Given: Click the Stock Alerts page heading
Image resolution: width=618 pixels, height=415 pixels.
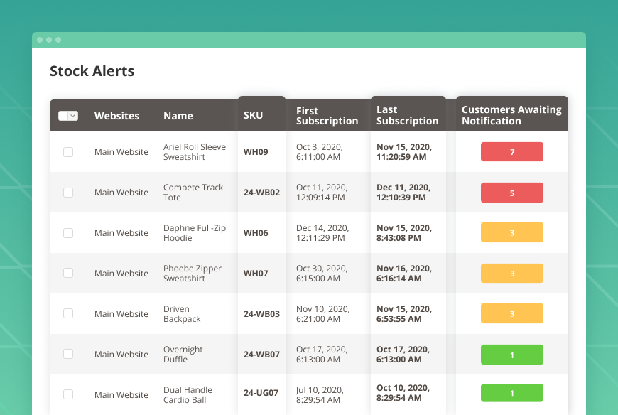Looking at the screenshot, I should click(92, 71).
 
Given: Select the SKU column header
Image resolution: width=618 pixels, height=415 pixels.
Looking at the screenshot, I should click(253, 115).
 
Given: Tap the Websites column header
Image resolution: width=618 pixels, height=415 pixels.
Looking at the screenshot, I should click(116, 116).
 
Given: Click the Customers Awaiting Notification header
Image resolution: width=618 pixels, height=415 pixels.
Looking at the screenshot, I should click(511, 115).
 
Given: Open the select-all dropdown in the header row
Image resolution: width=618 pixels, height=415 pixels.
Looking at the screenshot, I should click(68, 116).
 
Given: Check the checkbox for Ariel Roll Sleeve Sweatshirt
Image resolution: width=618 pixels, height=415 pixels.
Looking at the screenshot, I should click(68, 152).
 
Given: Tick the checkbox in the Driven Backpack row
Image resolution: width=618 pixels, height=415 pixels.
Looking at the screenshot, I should click(68, 313).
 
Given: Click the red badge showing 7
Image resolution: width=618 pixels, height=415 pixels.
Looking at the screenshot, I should click(511, 152).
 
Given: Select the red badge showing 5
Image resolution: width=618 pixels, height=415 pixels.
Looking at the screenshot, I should click(511, 193).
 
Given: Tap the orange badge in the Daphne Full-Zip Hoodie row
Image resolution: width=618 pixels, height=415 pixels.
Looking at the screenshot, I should click(511, 232).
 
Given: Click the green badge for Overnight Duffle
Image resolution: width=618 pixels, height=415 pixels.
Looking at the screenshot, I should click(511, 354).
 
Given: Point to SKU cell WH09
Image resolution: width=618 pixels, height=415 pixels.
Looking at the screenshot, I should click(256, 152).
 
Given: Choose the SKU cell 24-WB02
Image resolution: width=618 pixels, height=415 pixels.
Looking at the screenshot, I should click(261, 193).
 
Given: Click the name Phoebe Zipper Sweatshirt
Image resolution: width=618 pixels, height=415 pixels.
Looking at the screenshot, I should click(193, 274).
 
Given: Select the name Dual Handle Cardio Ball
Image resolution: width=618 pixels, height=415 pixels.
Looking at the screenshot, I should click(188, 394).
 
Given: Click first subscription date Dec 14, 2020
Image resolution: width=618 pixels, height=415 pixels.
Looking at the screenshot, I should click(322, 233).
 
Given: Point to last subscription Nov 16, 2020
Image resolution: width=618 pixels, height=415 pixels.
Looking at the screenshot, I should click(403, 274).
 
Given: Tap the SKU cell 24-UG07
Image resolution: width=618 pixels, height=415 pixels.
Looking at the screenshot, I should click(261, 394).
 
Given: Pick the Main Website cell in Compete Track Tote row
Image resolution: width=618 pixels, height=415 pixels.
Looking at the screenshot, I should click(121, 193).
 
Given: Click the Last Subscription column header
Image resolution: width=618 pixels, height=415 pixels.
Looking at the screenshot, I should click(407, 115).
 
